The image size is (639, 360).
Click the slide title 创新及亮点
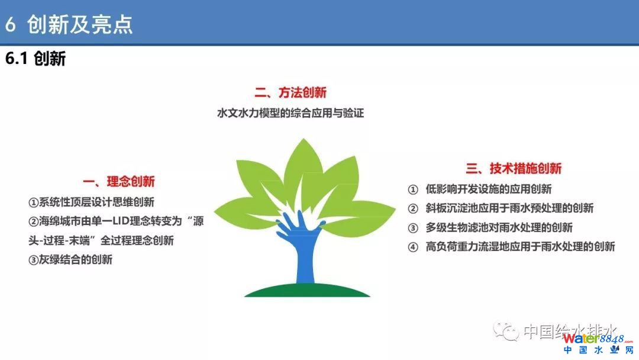80,24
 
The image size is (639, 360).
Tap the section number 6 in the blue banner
10,24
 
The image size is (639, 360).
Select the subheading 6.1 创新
35,59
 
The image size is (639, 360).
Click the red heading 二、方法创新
291,92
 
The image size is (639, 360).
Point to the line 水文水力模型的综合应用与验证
291,113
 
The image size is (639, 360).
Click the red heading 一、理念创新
119,181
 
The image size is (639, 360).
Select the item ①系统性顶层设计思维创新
91,202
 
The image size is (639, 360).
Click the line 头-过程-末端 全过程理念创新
101,240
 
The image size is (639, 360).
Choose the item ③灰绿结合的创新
70,260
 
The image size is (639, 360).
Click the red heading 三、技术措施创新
514,168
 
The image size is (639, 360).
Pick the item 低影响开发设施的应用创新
489,189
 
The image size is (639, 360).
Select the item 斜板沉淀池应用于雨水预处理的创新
509,208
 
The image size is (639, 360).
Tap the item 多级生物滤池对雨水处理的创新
499,227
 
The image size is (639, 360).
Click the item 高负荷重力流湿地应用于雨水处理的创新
520,247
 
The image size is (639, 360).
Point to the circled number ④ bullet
413,247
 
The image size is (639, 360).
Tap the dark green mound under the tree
307,290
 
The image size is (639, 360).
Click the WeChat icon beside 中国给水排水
505,330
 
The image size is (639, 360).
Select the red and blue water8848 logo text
598,339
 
